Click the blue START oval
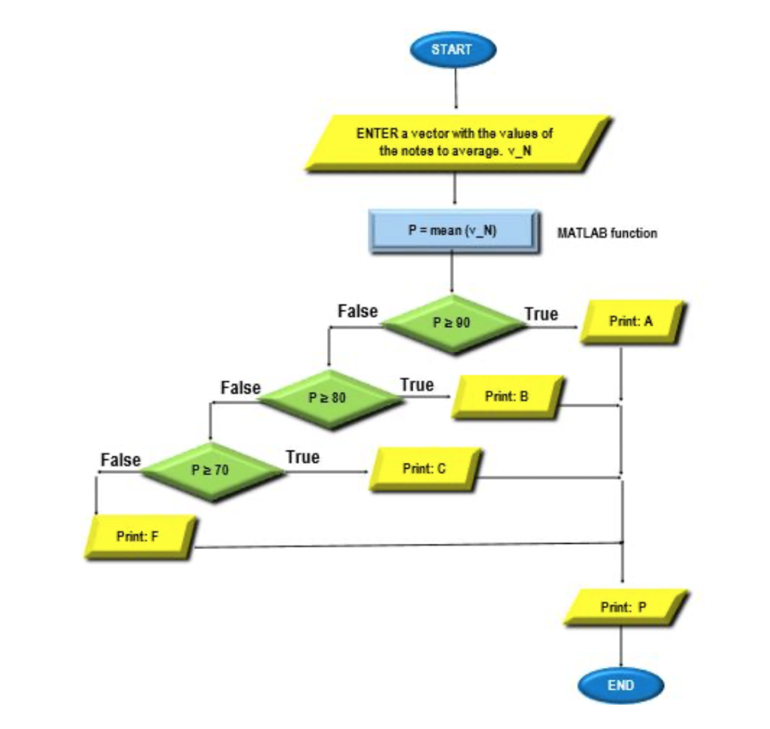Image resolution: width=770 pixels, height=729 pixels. click(x=453, y=50)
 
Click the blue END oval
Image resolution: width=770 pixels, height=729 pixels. click(x=620, y=685)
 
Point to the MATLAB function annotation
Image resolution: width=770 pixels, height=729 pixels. click(x=607, y=233)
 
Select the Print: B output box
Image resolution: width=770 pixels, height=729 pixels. click(x=508, y=396)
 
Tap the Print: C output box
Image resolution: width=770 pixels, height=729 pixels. click(x=424, y=469)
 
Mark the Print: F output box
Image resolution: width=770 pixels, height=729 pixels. click(x=140, y=536)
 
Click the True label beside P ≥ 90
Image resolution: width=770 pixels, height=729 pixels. click(x=541, y=314)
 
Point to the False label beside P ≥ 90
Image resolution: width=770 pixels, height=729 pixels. click(x=358, y=311)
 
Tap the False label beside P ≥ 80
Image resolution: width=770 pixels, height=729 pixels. click(x=241, y=388)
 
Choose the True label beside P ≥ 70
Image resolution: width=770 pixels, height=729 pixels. click(x=302, y=457)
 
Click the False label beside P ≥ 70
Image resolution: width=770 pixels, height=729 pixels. click(x=120, y=459)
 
